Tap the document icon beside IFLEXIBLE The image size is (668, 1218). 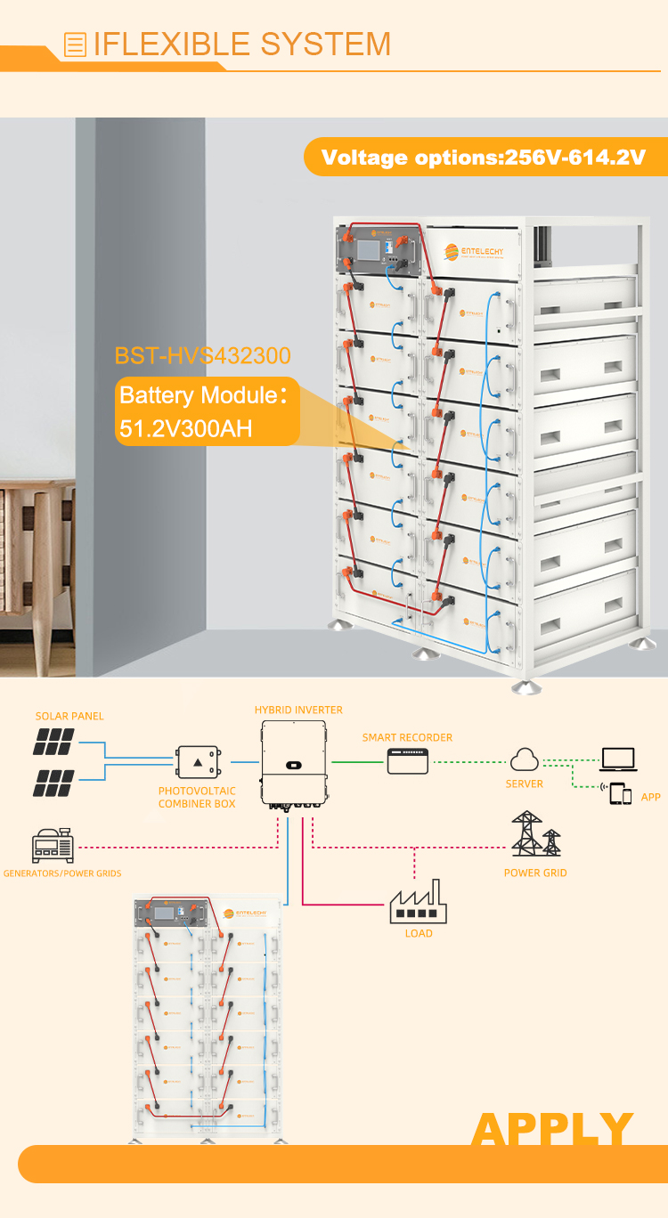[x=76, y=44]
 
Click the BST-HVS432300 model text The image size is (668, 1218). [x=203, y=356]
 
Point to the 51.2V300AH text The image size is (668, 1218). [x=186, y=428]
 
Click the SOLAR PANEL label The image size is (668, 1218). [x=69, y=716]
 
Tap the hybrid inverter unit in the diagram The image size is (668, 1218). [x=293, y=764]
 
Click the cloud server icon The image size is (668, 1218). [x=524, y=759]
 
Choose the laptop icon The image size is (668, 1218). [x=618, y=759]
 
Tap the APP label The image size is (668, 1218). [x=651, y=797]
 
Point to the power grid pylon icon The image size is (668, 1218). [x=535, y=833]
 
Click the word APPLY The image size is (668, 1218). [x=552, y=1129]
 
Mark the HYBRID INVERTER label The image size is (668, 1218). [x=298, y=710]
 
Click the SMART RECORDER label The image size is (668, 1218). [x=407, y=737]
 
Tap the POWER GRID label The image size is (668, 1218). [x=535, y=873]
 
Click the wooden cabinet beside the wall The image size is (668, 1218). [x=37, y=552]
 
